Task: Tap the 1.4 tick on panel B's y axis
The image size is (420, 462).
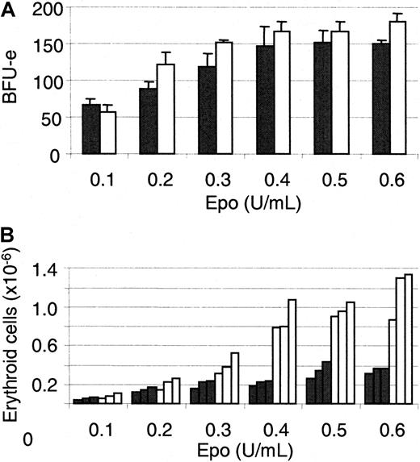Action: point(50,270)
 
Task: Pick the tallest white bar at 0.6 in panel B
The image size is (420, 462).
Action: point(408,339)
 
